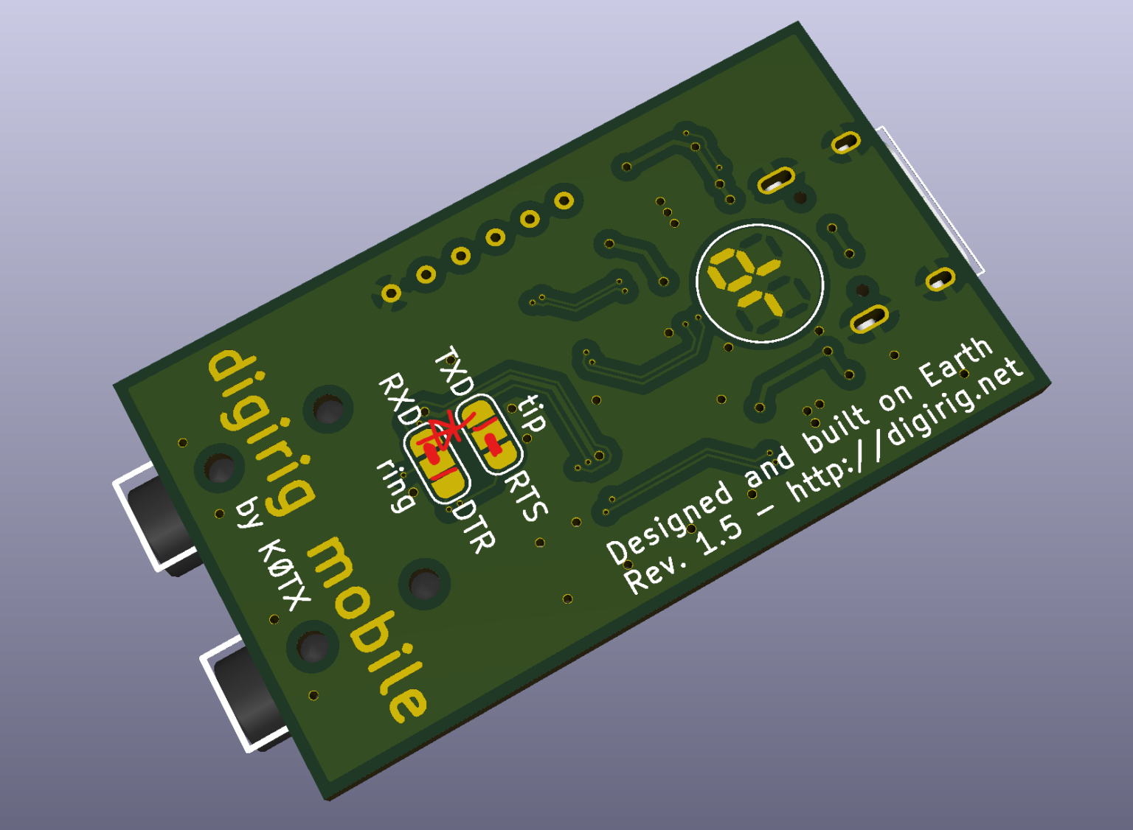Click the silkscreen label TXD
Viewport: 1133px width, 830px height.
pos(454,372)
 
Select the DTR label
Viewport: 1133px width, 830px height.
pos(474,527)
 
